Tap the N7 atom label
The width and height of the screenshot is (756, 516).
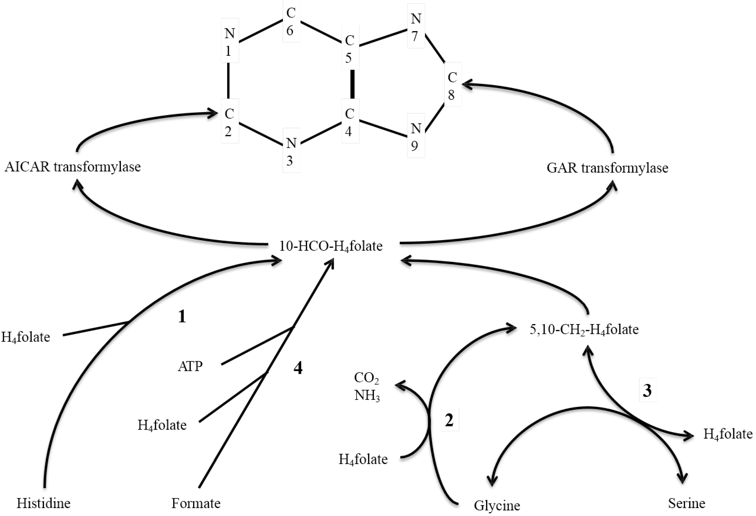pyautogui.click(x=416, y=27)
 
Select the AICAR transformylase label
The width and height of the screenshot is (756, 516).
pyautogui.click(x=72, y=167)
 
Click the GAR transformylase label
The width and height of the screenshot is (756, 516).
pyautogui.click(x=607, y=168)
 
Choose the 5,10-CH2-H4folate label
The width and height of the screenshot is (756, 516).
pyautogui.click(x=584, y=330)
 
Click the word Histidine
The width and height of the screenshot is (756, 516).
pyautogui.click(x=44, y=503)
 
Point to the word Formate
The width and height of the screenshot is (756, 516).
pyautogui.click(x=196, y=503)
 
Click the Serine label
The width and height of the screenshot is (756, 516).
pyautogui.click(x=686, y=503)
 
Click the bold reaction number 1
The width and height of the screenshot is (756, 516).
pyautogui.click(x=182, y=316)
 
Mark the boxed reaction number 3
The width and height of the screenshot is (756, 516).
pyautogui.click(x=647, y=390)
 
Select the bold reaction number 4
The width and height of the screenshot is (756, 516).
pyautogui.click(x=298, y=368)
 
